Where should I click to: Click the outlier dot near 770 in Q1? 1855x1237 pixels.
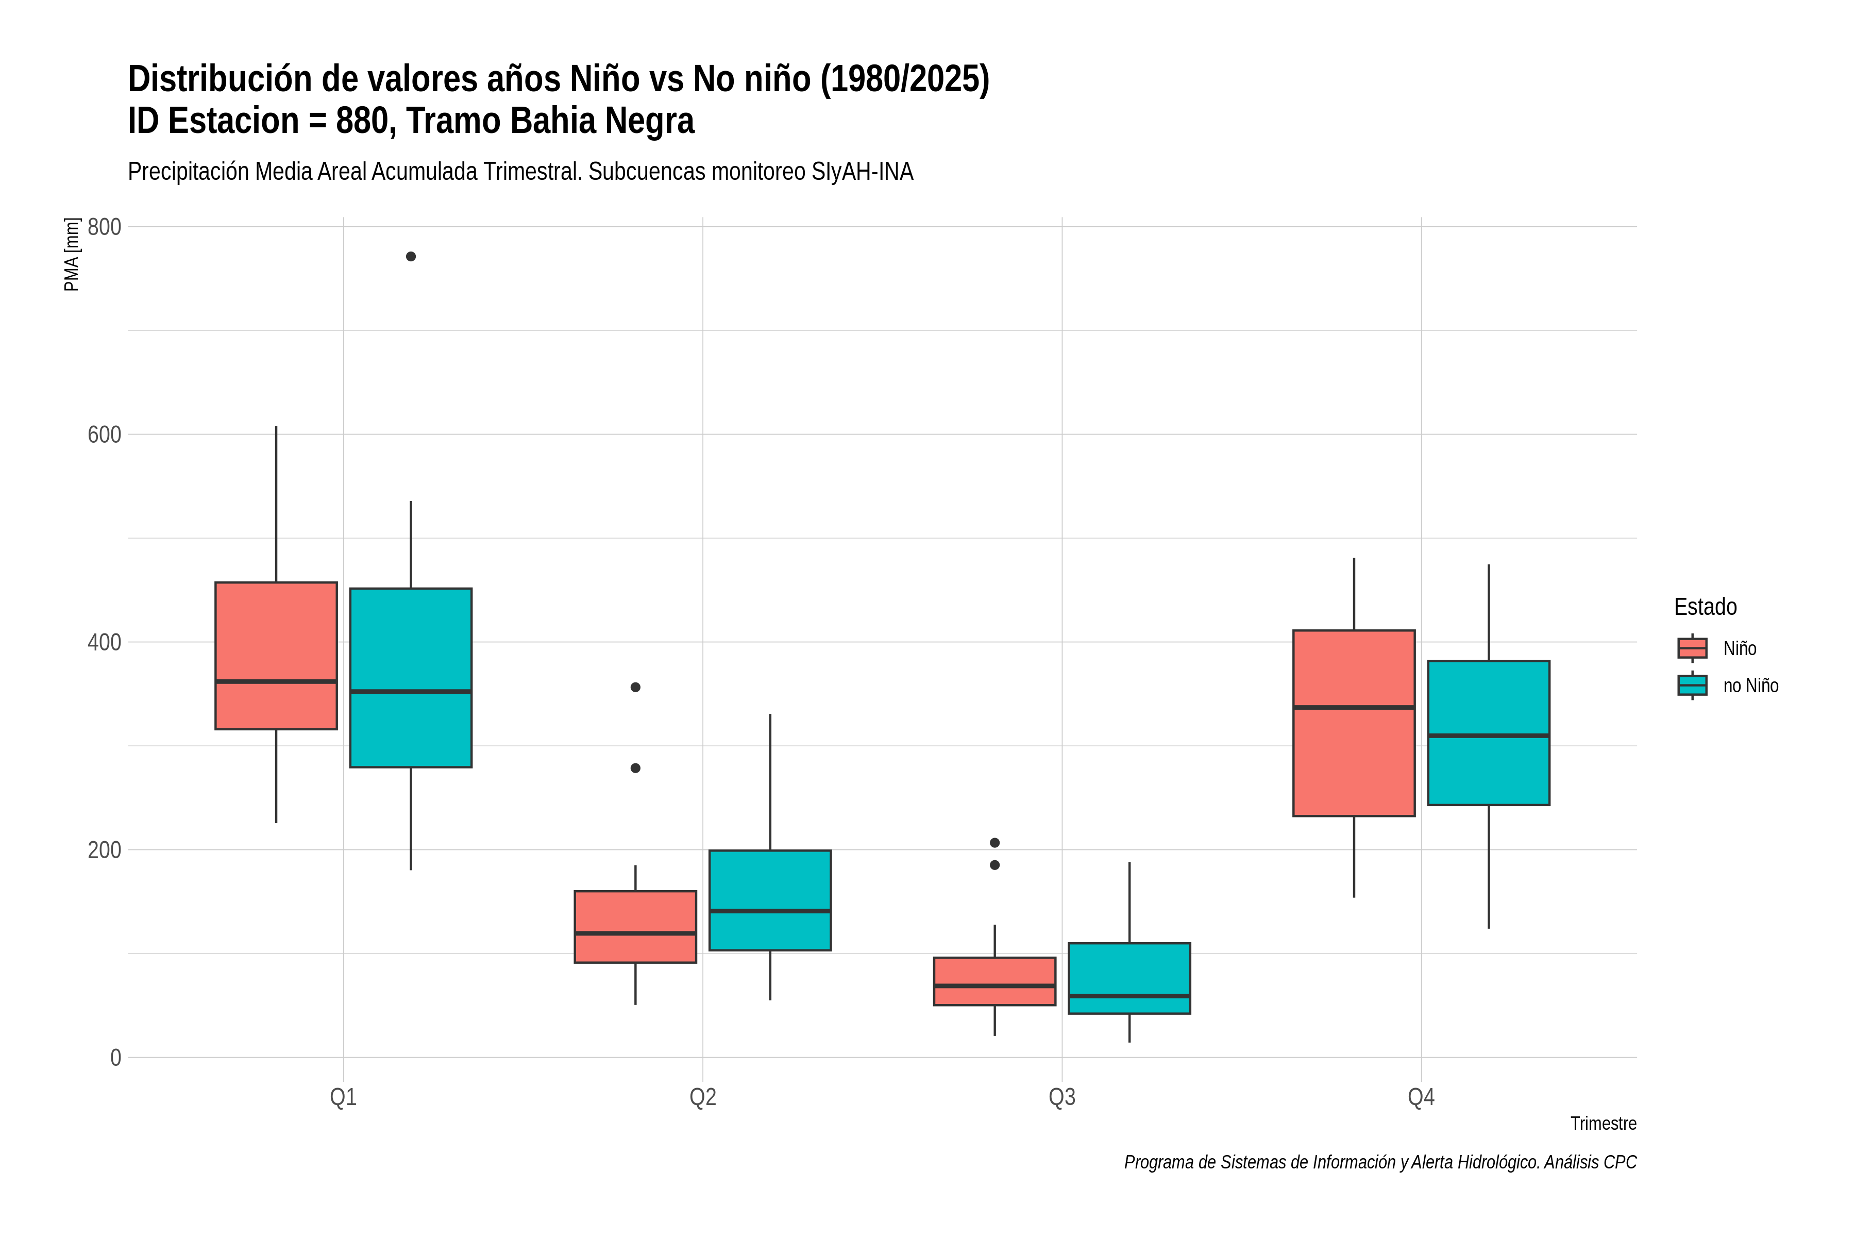coord(411,256)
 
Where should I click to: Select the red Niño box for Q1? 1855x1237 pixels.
coord(276,656)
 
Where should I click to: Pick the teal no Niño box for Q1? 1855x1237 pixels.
coord(411,678)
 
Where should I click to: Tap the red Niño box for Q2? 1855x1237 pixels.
coord(636,927)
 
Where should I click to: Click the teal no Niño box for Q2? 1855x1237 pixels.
coord(770,900)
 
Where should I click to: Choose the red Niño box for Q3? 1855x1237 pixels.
coord(994,981)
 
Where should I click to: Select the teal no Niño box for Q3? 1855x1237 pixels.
coord(1129,978)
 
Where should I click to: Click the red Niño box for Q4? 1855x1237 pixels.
coord(1354,723)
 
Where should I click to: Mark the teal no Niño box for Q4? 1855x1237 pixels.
coord(1489,733)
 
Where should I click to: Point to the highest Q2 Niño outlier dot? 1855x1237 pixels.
coord(636,687)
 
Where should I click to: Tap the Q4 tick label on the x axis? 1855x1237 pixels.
coord(1421,1097)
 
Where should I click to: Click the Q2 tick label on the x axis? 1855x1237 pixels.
coord(703,1097)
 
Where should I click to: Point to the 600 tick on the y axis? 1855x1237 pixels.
coord(104,434)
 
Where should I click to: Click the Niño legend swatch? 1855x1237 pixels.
coord(1693,648)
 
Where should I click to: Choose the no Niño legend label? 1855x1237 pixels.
coord(1751,686)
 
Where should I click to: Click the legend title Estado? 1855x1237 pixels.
coord(1705,607)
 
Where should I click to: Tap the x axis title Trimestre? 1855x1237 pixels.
coord(1604,1124)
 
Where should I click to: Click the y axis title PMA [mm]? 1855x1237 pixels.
coord(72,254)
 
